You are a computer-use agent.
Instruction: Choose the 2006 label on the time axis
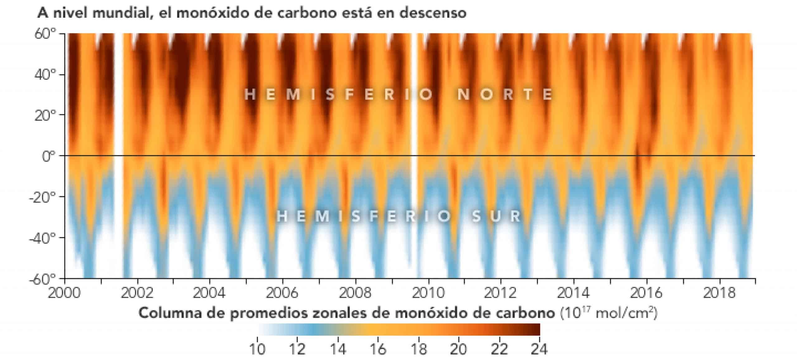click(x=282, y=293)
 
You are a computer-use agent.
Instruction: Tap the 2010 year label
click(x=428, y=293)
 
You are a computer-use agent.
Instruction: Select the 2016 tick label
click(x=647, y=293)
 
